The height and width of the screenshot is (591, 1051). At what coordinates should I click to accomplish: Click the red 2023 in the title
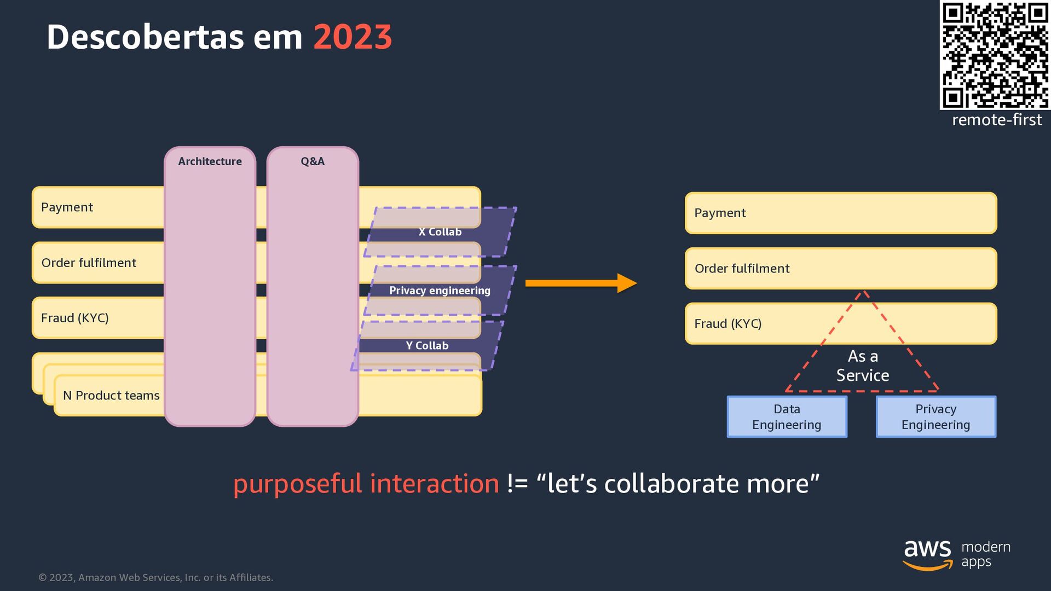point(353,37)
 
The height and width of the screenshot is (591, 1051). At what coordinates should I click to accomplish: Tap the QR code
point(995,55)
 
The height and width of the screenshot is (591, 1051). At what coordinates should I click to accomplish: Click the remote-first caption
point(997,120)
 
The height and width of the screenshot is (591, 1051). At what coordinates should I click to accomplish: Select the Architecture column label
point(210,161)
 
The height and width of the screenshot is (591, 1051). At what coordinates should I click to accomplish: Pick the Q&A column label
point(313,161)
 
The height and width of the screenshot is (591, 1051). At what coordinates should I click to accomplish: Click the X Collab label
point(440,232)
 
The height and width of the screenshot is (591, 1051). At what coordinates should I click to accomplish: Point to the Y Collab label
point(427,346)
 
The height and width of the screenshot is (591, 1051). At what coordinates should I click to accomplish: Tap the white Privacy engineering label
point(440,291)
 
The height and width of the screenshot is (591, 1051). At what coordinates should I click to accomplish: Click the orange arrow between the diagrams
point(580,283)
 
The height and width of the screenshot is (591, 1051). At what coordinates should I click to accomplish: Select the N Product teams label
point(111,396)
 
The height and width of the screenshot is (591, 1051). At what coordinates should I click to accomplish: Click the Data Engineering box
point(787,417)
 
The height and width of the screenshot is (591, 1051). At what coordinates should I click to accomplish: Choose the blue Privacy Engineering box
point(935,417)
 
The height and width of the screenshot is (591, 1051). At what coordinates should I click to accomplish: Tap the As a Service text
point(863,366)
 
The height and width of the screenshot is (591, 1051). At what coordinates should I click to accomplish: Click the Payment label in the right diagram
point(720,213)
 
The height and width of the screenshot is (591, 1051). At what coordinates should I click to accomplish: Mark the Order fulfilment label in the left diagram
point(89,263)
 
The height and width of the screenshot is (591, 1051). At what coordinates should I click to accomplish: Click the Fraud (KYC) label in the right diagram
point(727,324)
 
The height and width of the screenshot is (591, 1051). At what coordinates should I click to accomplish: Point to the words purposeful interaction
point(366,484)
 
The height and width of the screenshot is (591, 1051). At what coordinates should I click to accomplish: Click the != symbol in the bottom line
point(517,484)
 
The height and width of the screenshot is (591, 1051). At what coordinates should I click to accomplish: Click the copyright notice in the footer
point(155,578)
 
